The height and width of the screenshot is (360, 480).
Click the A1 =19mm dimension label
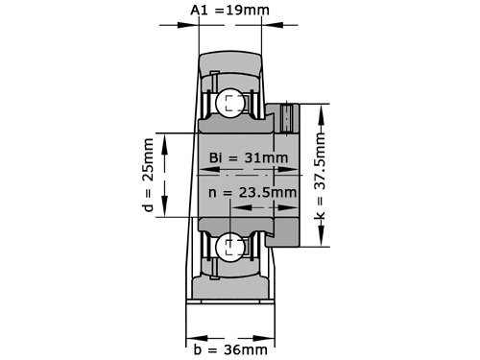[x=229, y=11]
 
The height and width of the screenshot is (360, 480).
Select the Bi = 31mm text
[x=248, y=157]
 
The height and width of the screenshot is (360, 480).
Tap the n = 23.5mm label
[x=252, y=192]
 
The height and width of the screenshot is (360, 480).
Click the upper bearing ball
[x=230, y=104]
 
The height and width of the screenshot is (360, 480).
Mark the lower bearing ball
[x=230, y=248]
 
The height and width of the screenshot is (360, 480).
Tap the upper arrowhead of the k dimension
[x=316, y=104]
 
